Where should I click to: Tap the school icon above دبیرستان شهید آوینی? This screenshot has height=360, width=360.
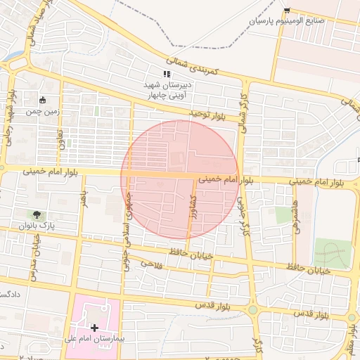point(167,74)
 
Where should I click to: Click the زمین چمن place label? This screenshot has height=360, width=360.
point(43,111)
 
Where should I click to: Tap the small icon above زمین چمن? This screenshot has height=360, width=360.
point(43,100)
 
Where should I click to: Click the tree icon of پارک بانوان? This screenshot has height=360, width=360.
point(37,214)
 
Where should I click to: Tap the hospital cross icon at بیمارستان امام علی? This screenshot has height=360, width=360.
point(95,328)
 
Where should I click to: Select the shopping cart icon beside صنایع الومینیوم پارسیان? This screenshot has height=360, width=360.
point(287,10)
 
